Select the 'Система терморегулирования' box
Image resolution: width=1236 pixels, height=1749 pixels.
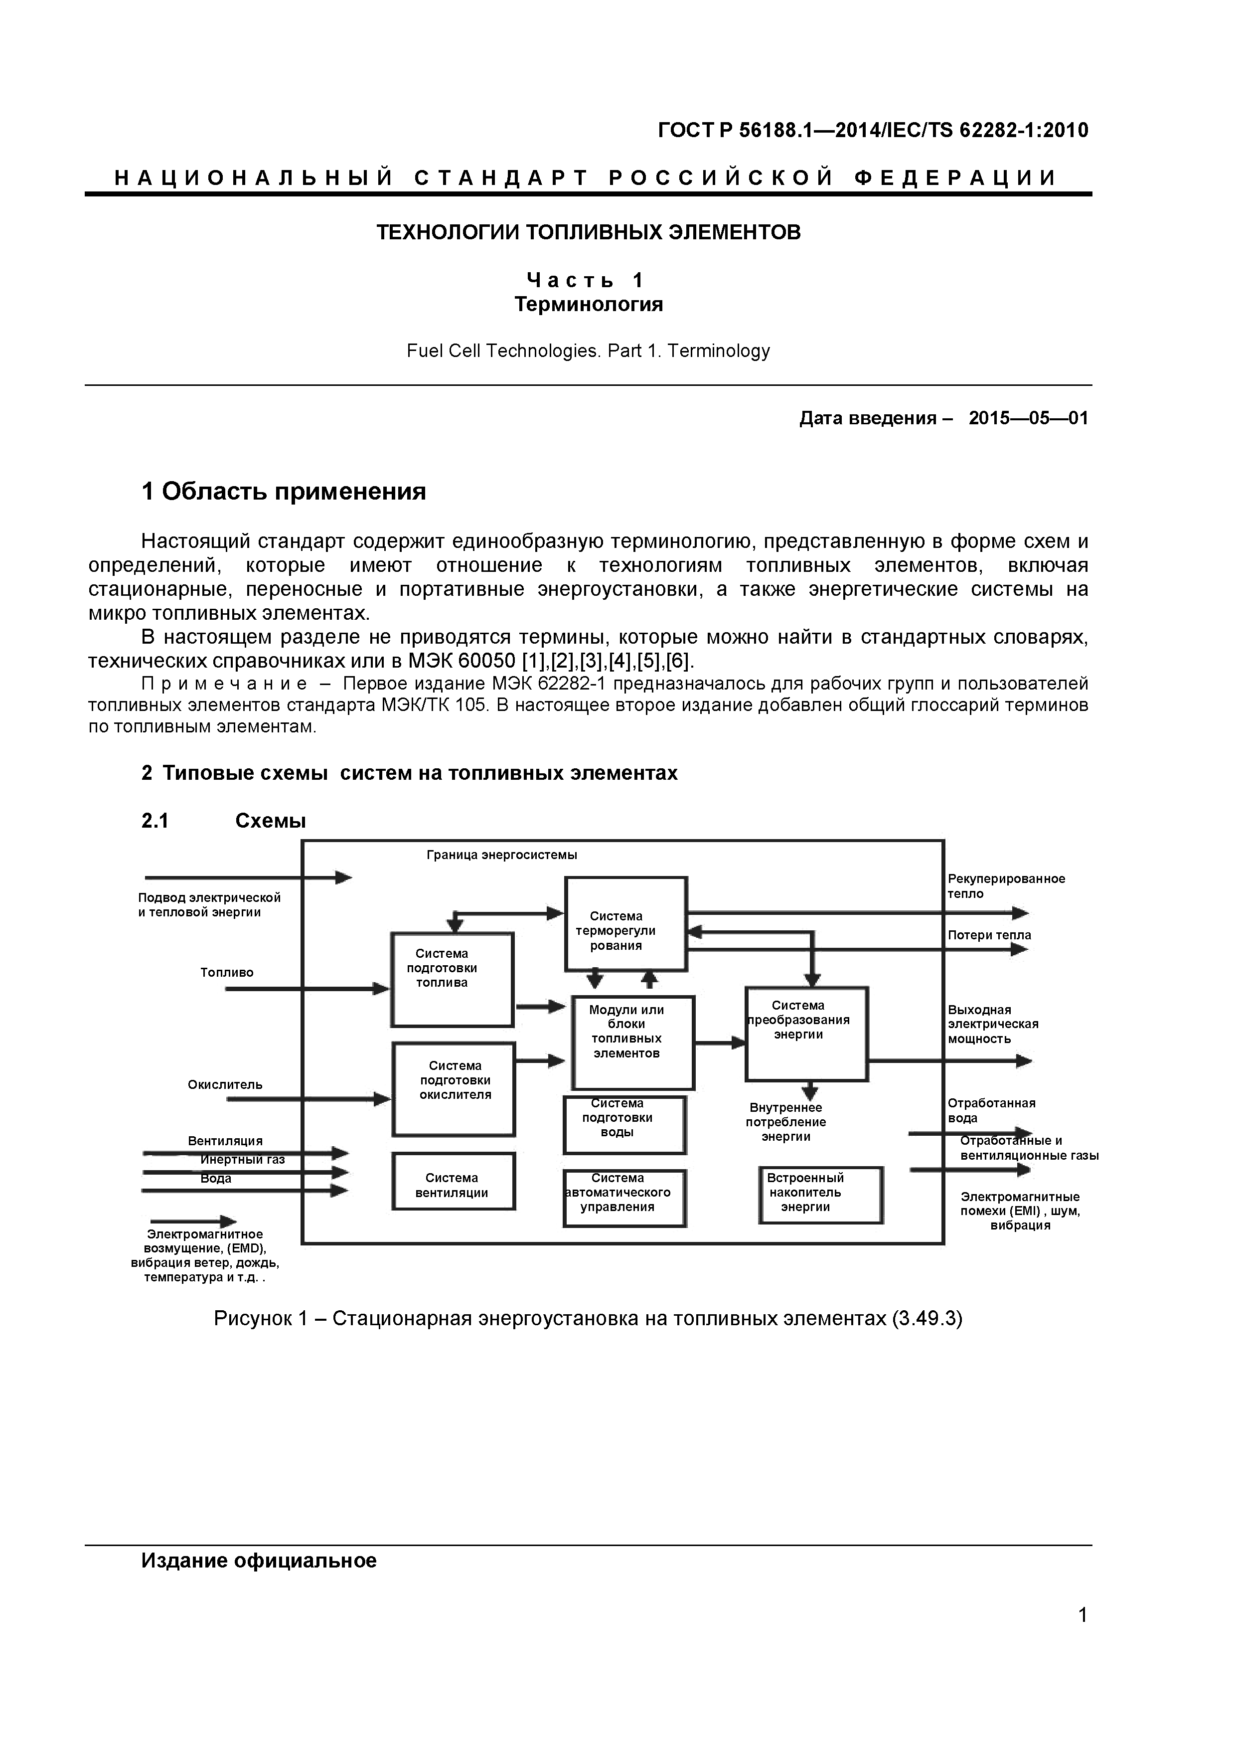(x=625, y=924)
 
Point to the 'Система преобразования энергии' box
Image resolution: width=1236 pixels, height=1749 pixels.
(x=806, y=1034)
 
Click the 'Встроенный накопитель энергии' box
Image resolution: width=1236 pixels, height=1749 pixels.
(x=820, y=1195)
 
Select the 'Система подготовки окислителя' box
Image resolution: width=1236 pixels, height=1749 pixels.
(x=454, y=1088)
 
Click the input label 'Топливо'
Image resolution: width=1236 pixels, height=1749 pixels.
(x=227, y=973)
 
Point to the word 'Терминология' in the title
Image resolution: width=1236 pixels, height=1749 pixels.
(x=588, y=305)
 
